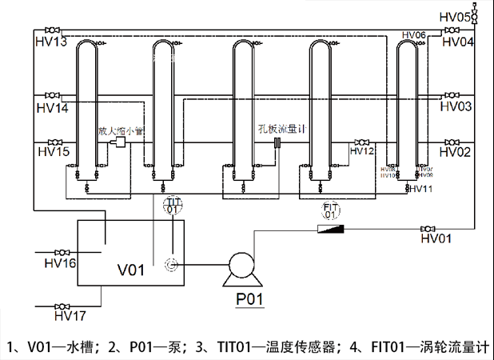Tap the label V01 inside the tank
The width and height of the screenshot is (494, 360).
pos(131,270)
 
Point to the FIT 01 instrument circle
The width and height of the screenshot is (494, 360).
pos(330,210)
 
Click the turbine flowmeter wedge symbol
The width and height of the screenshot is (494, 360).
pos(333,228)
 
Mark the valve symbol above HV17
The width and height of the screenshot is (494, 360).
pos(61,305)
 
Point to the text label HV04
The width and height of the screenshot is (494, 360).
pos(457,42)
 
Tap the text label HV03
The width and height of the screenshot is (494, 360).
pos(457,106)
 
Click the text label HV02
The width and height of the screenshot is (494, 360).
pos(457,151)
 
